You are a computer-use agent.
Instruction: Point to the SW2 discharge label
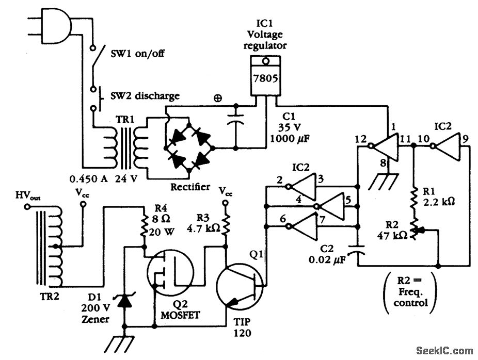point(146,95)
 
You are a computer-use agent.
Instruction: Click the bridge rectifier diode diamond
point(189,147)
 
